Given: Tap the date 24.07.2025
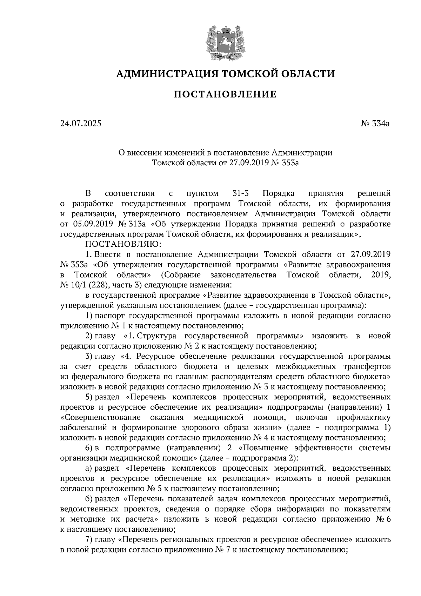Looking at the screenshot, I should [x=80, y=124].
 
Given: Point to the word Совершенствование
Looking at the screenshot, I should [x=101, y=418].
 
